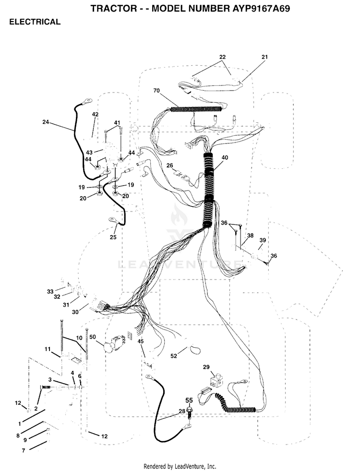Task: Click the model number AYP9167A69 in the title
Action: click(261, 9)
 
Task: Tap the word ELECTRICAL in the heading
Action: click(35, 22)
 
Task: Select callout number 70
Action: click(156, 91)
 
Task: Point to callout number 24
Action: click(46, 122)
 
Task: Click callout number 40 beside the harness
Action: click(225, 158)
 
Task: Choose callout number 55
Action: click(189, 400)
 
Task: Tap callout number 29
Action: click(206, 367)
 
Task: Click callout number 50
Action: click(93, 337)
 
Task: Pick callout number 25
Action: click(113, 237)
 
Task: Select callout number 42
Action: click(95, 115)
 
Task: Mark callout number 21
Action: click(264, 57)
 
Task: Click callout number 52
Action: click(174, 356)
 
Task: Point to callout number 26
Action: click(170, 165)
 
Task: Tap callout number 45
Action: click(141, 341)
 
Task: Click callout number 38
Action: click(250, 235)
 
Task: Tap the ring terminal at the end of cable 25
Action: click(113, 220)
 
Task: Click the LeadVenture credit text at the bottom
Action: click(180, 466)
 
